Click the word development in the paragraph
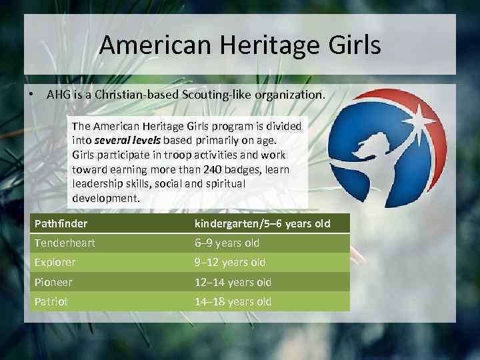tap(105, 199)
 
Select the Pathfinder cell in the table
tap(61, 223)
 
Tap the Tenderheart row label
tap(65, 243)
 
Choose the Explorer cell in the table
tap(55, 263)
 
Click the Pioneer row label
tap(53, 282)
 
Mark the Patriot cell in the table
tap(51, 301)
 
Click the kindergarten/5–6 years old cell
tap(262, 223)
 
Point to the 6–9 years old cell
tap(227, 243)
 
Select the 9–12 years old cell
tap(230, 263)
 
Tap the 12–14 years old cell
tap(233, 282)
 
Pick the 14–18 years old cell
tap(233, 301)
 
